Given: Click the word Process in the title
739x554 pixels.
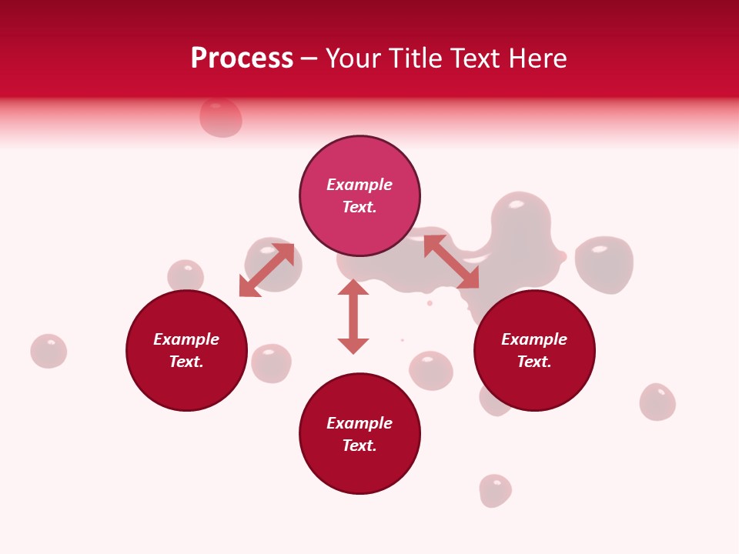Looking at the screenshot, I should tap(242, 58).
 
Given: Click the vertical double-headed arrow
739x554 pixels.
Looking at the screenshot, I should tap(353, 316).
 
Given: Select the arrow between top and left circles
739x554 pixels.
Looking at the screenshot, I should tap(266, 270).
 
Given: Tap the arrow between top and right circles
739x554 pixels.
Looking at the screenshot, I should tap(452, 262).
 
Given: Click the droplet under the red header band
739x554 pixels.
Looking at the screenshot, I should tap(221, 118).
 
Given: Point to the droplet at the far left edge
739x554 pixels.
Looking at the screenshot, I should tap(48, 351).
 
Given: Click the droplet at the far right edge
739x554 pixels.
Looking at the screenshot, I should tap(657, 402).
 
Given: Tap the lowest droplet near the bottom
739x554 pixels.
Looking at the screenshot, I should tap(495, 490).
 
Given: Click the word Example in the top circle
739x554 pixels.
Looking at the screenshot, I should tap(359, 185).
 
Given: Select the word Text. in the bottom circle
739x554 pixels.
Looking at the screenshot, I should tap(359, 446).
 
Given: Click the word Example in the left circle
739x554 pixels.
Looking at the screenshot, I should tap(186, 339).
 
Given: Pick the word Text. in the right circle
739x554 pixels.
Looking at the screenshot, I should tap(534, 362).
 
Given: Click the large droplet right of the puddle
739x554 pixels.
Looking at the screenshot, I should tap(604, 264).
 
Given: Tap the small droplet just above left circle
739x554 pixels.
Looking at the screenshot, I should tap(186, 275).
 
